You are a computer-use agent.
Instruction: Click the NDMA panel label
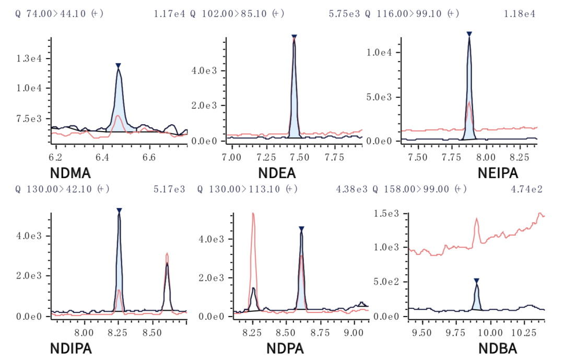(70, 173)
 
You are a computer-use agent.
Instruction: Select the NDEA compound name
(277, 173)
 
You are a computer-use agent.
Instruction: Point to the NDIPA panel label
(71, 349)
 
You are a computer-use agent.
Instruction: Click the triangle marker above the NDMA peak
(119, 66)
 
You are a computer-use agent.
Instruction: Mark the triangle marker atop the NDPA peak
(301, 229)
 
